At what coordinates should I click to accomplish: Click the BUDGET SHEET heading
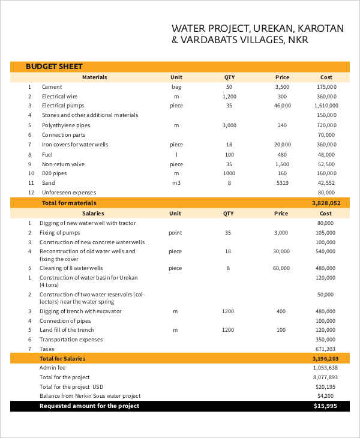[x=54, y=67]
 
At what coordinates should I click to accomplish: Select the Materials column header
[x=94, y=77]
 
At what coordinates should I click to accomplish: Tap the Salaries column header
[x=92, y=213]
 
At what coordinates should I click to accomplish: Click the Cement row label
[x=52, y=87]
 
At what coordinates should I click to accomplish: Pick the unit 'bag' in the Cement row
[x=176, y=87]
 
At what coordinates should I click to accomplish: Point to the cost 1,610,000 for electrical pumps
[x=326, y=106]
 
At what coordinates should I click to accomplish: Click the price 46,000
[x=282, y=106]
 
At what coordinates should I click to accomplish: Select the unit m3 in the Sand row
[x=176, y=183]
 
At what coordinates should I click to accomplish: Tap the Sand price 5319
[x=282, y=183]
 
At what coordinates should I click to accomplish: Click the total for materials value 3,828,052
[x=326, y=203]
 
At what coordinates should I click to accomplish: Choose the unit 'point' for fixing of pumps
[x=176, y=232]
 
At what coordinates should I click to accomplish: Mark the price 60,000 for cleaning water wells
[x=282, y=268]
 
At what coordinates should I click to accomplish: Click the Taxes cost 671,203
[x=326, y=349]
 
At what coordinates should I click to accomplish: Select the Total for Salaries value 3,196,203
[x=326, y=358]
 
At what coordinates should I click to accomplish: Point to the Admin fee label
[x=52, y=367]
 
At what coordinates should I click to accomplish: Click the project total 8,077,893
[x=326, y=377]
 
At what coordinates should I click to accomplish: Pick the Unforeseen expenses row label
[x=69, y=193]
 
